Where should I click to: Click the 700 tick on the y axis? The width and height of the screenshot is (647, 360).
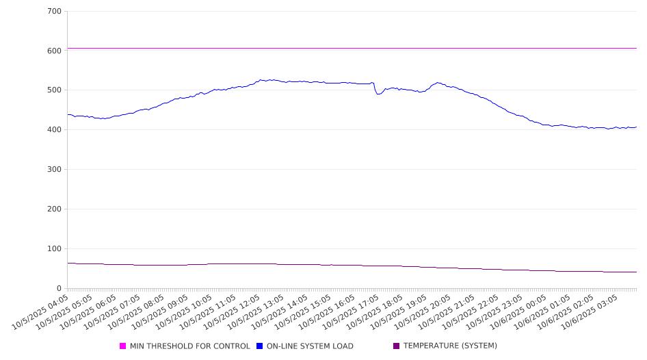pos(54,12)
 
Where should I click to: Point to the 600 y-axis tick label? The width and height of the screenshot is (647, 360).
pos(54,51)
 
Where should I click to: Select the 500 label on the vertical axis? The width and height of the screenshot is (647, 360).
pos(54,90)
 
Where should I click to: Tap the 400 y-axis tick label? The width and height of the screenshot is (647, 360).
pos(54,130)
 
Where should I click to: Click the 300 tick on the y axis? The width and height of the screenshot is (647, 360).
pos(54,170)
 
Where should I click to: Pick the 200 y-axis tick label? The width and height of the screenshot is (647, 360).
pos(54,209)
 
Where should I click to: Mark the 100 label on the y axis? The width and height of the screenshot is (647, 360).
pos(54,249)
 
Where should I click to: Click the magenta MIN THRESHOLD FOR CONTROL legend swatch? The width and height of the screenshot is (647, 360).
pos(123,346)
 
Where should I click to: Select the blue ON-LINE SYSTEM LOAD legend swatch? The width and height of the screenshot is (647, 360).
pos(260,346)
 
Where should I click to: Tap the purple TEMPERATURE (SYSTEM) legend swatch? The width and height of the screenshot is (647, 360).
pos(397,346)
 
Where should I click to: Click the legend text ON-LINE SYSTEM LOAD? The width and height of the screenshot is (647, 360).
pos(310,346)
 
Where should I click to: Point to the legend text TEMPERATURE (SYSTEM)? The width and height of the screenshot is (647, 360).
pos(450,346)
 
